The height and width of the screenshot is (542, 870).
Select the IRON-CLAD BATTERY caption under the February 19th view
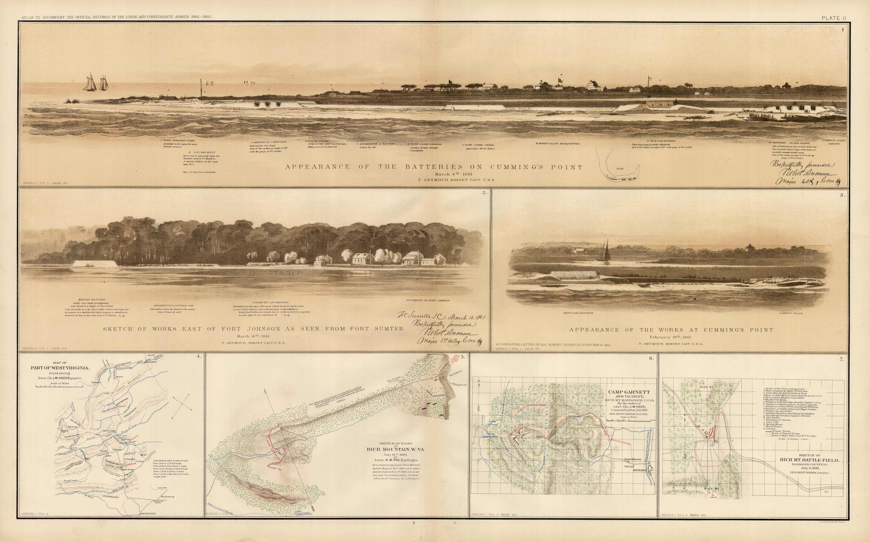click(573, 313)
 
